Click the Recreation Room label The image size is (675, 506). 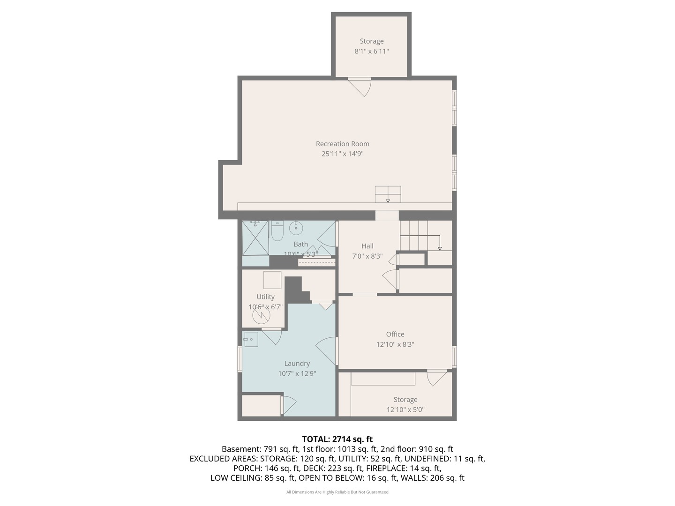[x=342, y=143]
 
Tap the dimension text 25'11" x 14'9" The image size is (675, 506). [x=342, y=154]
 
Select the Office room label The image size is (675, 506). [x=395, y=334]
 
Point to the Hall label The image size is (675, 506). [x=367, y=246]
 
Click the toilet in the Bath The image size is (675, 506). [x=277, y=231]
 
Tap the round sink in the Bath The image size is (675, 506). [x=296, y=228]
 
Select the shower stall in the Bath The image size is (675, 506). [x=255, y=238]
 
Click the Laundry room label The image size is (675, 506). [x=297, y=364]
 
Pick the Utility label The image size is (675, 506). [x=265, y=297]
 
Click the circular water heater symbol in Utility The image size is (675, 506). [x=262, y=315]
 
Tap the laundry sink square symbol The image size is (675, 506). [x=251, y=339]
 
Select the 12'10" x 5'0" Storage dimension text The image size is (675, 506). [x=405, y=409]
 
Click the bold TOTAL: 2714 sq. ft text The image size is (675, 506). [x=337, y=439]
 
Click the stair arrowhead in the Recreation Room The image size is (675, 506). [x=388, y=201]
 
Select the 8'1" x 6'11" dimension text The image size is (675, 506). [x=371, y=51]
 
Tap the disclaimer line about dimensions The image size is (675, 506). [x=337, y=492]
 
